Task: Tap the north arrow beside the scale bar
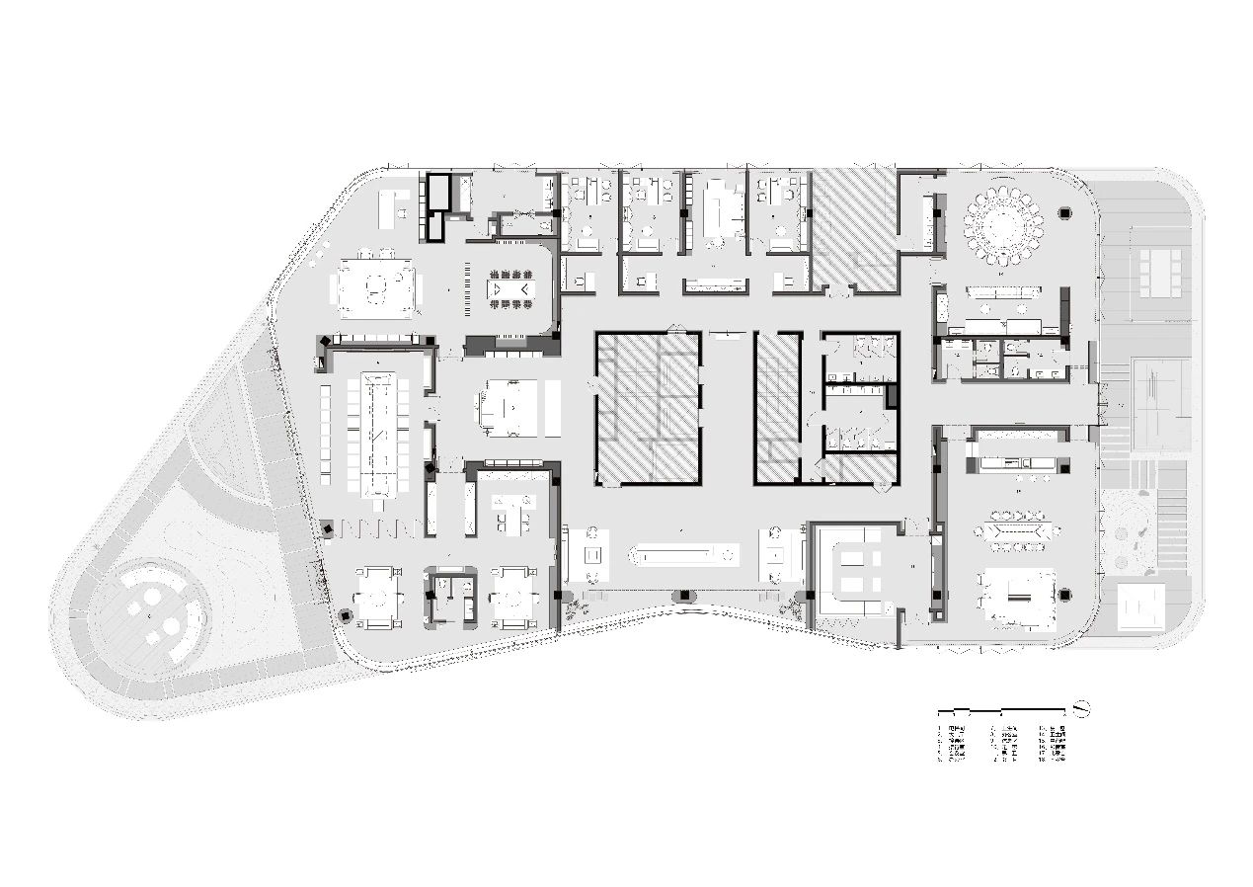pyautogui.click(x=1083, y=708)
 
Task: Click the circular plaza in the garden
pyautogui.click(x=154, y=621)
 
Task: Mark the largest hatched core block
pyautogui.click(x=648, y=408)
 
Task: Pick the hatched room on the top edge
pyautogui.click(x=853, y=230)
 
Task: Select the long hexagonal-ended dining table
pyautogui.click(x=1012, y=529)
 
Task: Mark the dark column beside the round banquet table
pyautogui.click(x=1064, y=212)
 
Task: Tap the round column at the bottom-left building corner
pyautogui.click(x=344, y=615)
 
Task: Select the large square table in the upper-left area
pyautogui.click(x=376, y=287)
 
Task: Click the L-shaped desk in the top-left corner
pyautogui.click(x=391, y=208)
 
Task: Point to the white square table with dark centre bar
pyautogui.click(x=1018, y=596)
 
